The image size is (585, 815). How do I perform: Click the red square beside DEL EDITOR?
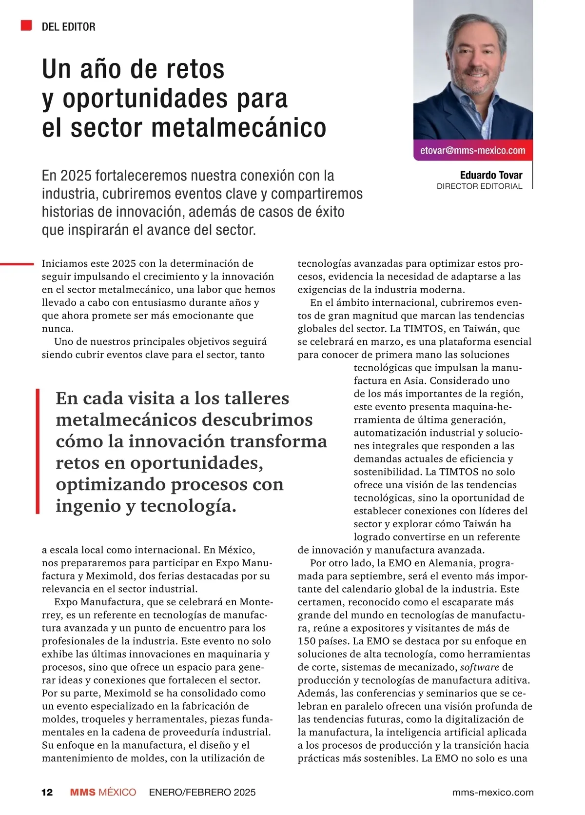pos(26,26)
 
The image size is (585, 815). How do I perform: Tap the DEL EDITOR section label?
pos(69,27)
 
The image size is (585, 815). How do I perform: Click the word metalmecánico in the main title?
pos(239,128)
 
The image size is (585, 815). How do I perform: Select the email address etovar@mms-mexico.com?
pos(472,151)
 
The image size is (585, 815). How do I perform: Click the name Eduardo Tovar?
pos(491,175)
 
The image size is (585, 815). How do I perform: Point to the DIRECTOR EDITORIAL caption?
pos(479,186)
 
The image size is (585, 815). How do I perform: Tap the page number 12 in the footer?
pos(47,792)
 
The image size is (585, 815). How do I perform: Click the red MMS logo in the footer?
pos(83,792)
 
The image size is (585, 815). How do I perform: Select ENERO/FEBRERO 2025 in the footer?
pos(202,792)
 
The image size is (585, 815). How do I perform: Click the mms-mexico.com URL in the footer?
pos(493,792)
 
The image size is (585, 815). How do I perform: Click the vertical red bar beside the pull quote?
pos(38,451)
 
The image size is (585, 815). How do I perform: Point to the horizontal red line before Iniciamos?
pos(17,264)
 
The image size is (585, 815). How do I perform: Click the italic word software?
pos(480,667)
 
